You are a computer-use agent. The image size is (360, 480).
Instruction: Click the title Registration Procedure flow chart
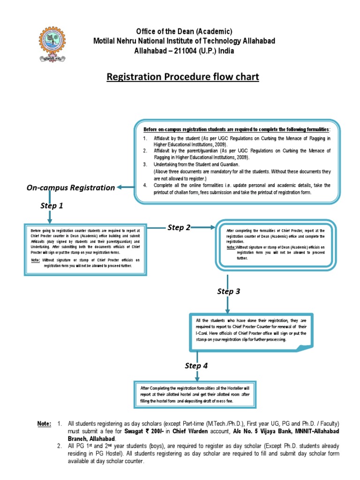183,76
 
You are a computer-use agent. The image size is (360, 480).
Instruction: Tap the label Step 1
52,205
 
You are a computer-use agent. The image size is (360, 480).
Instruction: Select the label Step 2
179,227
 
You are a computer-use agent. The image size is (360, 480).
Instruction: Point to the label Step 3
228,292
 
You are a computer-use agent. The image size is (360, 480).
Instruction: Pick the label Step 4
196,366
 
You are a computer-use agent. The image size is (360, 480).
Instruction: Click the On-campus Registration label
70,187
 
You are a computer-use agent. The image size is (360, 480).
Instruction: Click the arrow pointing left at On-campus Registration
124,187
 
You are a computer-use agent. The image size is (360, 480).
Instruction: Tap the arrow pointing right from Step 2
203,228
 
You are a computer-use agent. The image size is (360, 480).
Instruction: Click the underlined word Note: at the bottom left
45,424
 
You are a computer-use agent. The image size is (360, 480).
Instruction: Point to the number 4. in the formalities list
145,186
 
